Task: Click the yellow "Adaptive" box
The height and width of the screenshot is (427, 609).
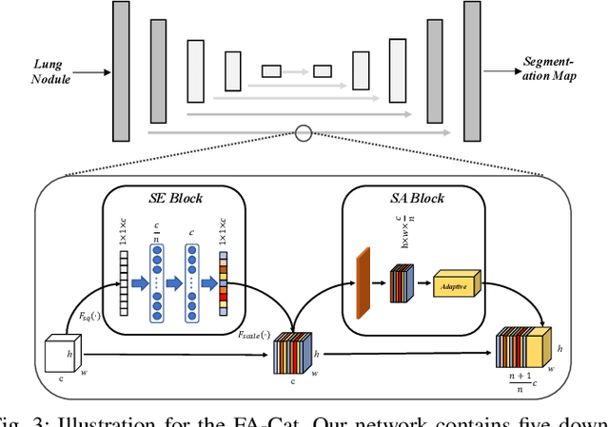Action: point(458,283)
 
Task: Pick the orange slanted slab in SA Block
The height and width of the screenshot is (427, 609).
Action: point(363,282)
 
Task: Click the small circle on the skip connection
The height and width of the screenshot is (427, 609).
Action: point(304,133)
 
